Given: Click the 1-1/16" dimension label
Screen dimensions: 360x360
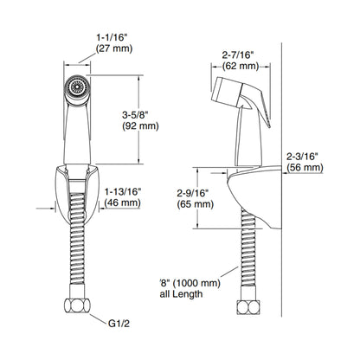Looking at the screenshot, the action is pos(112,37).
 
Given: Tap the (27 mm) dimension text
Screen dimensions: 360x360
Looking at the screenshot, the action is pos(114,48).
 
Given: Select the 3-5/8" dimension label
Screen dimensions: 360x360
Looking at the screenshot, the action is pos(135,114).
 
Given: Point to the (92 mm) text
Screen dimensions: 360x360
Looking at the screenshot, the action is pos(140,125).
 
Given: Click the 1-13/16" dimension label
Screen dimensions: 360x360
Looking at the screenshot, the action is pos(123,191).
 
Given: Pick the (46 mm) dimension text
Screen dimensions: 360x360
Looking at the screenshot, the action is pos(122,202).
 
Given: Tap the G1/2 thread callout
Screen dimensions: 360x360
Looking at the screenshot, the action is pos(119,324).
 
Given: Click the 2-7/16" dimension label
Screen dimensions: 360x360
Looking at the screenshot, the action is pos(238,55).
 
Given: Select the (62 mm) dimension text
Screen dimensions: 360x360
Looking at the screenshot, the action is pos(241,66).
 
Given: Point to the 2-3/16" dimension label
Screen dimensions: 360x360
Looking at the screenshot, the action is pos(302,156).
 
